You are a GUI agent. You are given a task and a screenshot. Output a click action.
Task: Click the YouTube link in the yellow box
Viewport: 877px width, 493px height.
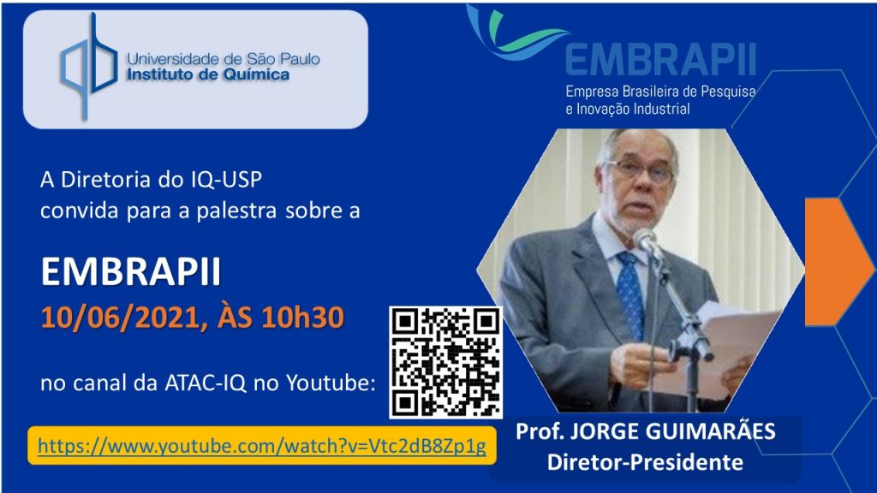click(262, 446)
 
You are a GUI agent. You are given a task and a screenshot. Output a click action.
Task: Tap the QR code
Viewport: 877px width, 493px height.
click(445, 362)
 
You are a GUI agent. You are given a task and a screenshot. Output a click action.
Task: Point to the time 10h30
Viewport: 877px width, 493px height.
click(302, 317)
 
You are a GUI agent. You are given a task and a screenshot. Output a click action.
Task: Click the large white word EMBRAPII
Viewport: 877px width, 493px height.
click(131, 272)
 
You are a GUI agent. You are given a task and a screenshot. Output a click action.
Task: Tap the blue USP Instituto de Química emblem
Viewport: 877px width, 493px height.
click(89, 66)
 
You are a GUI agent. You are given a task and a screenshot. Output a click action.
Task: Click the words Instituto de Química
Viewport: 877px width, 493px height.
click(208, 75)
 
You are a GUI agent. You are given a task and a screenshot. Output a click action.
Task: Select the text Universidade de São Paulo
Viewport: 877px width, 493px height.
click(224, 59)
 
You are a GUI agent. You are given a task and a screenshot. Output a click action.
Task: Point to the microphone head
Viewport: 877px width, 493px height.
click(646, 241)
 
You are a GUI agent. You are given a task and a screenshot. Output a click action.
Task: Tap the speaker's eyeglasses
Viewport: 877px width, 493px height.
click(641, 170)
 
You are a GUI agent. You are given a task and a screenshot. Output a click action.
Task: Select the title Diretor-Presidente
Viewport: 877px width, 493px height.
click(645, 462)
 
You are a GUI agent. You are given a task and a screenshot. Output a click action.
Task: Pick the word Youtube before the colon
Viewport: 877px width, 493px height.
click(327, 383)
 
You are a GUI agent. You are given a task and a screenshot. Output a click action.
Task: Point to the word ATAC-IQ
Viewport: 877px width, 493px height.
click(206, 383)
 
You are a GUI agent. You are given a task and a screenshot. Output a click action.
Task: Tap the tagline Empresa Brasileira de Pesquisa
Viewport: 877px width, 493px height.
click(660, 92)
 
